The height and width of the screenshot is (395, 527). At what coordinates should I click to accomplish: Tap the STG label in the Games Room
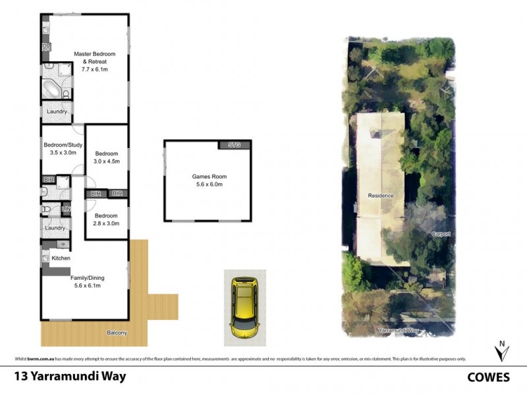(x=235, y=144)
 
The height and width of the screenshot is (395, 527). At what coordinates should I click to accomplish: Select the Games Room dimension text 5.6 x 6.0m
(x=208, y=185)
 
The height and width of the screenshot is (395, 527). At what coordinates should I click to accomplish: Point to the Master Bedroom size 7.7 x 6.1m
(x=90, y=69)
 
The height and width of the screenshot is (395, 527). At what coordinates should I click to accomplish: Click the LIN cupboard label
(x=66, y=209)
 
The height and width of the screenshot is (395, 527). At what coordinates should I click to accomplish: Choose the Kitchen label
(x=61, y=258)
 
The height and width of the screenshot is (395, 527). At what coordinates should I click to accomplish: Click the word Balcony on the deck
(x=117, y=333)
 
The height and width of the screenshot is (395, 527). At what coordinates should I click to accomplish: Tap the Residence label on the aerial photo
(x=381, y=196)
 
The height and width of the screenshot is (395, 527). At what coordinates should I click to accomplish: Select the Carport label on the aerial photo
(x=440, y=234)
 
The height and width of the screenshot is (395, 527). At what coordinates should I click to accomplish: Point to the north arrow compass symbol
(x=503, y=352)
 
